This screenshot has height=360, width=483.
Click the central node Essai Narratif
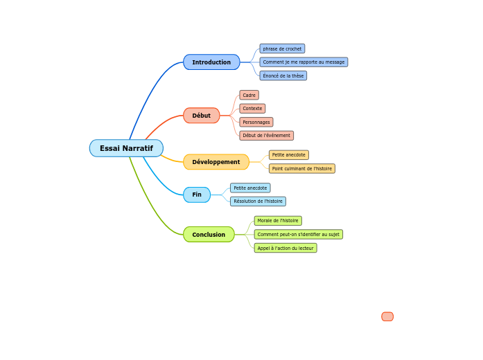click(x=126, y=148)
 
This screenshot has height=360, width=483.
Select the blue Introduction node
click(x=211, y=62)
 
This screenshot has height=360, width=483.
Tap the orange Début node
click(x=201, y=116)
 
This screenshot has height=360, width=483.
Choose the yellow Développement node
click(x=216, y=162)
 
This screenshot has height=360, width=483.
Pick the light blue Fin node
click(x=197, y=195)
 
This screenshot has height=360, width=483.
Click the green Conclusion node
click(x=209, y=235)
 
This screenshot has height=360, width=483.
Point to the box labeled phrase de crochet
click(x=282, y=49)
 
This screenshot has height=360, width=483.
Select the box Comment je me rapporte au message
click(x=304, y=62)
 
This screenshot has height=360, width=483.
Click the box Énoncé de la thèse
click(x=283, y=76)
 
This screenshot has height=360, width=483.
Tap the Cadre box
click(x=249, y=95)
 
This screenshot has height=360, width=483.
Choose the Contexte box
click(x=252, y=109)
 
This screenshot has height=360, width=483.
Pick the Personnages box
click(x=256, y=123)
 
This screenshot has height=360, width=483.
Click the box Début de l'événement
click(x=266, y=136)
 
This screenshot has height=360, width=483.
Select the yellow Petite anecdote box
click(x=288, y=155)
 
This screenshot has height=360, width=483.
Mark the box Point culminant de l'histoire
click(x=301, y=168)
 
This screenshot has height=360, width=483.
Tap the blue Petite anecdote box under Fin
click(x=250, y=188)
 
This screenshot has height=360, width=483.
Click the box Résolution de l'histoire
click(x=258, y=201)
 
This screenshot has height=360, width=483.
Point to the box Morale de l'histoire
click(x=278, y=221)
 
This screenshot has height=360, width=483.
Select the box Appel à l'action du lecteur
click(x=286, y=248)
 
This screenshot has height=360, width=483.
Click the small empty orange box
click(x=387, y=316)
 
